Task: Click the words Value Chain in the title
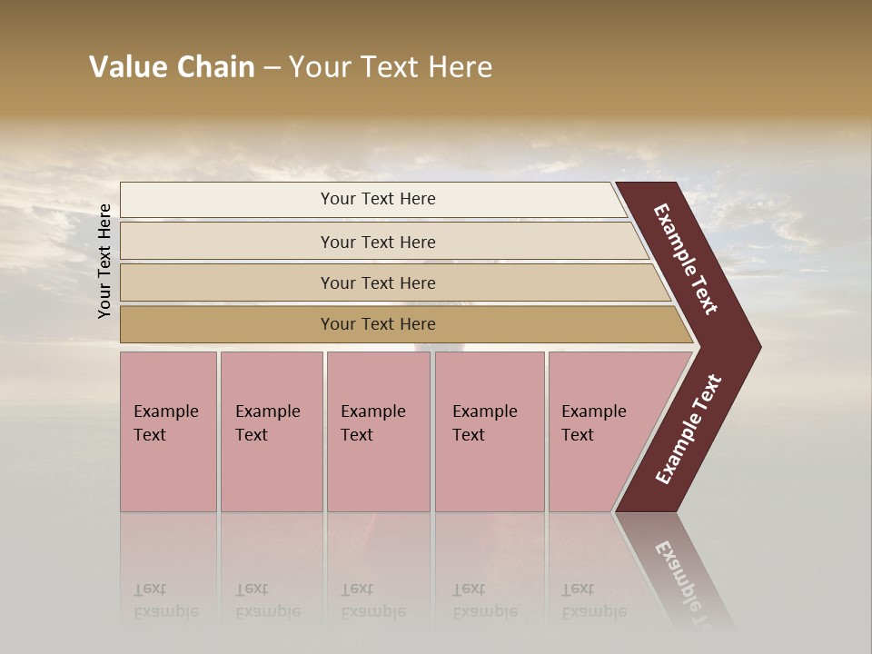(x=172, y=67)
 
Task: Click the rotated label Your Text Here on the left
(x=104, y=261)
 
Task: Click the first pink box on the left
(x=168, y=472)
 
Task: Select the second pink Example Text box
(x=272, y=472)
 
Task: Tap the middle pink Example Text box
(x=378, y=472)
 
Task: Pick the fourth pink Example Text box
(x=490, y=472)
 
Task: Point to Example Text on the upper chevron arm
(x=686, y=259)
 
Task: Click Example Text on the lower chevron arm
(x=689, y=430)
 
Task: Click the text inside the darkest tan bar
(x=378, y=324)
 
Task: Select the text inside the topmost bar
(x=378, y=199)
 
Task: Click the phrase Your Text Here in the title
(x=391, y=67)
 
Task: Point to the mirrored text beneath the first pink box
(x=166, y=601)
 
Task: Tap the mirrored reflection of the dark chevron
(x=677, y=572)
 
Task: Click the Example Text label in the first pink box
(x=165, y=423)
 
